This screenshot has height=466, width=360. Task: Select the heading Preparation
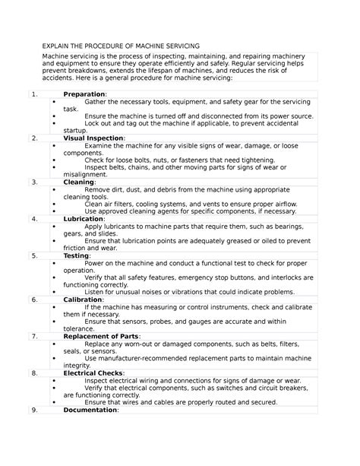click(x=84, y=94)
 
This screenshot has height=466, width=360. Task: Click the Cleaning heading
click(x=79, y=182)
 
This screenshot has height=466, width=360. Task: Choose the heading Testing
click(x=78, y=255)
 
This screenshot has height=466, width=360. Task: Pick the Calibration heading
click(x=83, y=300)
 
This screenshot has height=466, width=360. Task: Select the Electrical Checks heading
click(x=95, y=372)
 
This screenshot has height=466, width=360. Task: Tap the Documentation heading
click(x=90, y=409)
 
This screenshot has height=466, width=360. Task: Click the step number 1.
click(x=35, y=94)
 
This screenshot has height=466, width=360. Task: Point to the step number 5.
click(x=35, y=255)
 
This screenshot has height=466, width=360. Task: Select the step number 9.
click(x=35, y=409)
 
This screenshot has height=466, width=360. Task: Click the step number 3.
click(x=35, y=182)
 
